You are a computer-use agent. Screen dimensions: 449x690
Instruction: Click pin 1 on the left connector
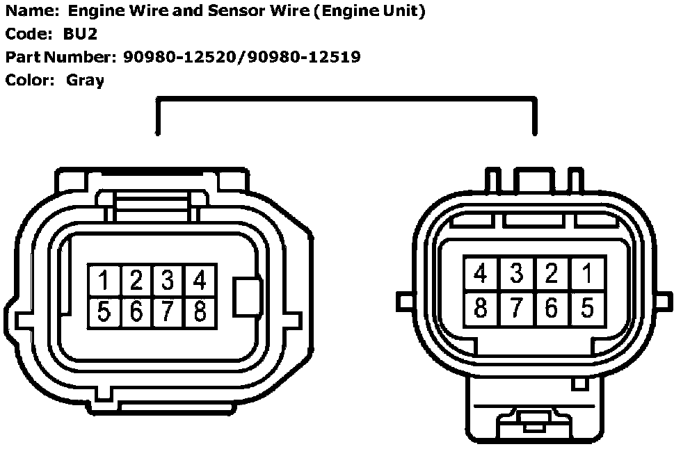pyautogui.click(x=104, y=281)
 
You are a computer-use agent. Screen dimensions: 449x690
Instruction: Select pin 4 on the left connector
pyautogui.click(x=200, y=281)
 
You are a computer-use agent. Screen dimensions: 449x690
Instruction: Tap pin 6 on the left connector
pyautogui.click(x=136, y=312)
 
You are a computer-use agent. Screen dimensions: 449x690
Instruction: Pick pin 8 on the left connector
pyautogui.click(x=200, y=312)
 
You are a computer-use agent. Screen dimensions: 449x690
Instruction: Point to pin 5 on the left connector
pyautogui.click(x=104, y=312)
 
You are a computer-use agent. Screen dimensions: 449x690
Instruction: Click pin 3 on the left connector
pyautogui.click(x=168, y=281)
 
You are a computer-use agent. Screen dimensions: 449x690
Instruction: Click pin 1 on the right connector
pyautogui.click(x=588, y=274)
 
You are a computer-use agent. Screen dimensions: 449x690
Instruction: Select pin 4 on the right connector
pyautogui.click(x=481, y=274)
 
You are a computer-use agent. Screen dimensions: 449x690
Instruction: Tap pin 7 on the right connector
pyautogui.click(x=516, y=307)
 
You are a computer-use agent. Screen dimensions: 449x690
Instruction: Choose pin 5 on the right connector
pyautogui.click(x=588, y=307)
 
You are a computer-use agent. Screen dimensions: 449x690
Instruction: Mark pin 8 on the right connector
pyautogui.click(x=481, y=307)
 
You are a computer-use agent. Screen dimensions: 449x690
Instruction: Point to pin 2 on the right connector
pyautogui.click(x=552, y=274)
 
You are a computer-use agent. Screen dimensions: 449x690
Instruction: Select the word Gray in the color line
pyautogui.click(x=86, y=80)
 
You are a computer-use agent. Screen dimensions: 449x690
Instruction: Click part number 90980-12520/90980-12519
pyautogui.click(x=241, y=57)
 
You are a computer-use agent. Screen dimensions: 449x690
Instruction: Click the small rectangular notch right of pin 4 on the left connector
pyautogui.click(x=248, y=297)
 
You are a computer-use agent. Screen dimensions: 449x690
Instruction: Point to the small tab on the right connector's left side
pyautogui.click(x=404, y=301)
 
